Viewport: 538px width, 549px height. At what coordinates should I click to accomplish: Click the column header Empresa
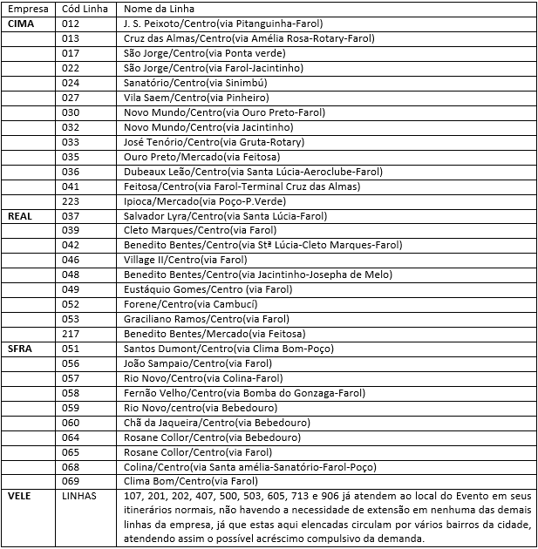tap(26, 9)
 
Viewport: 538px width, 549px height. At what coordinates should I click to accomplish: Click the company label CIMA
tap(22, 24)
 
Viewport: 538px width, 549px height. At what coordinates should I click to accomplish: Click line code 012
tap(72, 24)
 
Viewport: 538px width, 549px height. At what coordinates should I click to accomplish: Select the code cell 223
tap(72, 200)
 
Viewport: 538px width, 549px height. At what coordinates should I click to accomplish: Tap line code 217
tap(72, 333)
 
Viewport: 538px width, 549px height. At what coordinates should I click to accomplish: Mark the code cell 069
tap(72, 480)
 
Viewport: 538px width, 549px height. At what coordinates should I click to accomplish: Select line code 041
tap(72, 186)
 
